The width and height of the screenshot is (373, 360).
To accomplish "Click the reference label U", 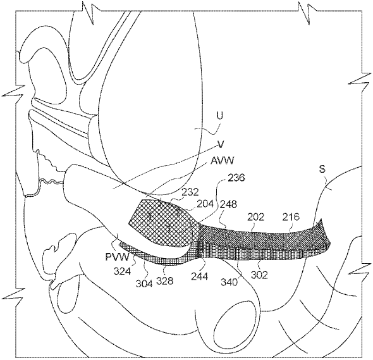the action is (220, 116).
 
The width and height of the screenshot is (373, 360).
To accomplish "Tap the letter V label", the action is (221, 144).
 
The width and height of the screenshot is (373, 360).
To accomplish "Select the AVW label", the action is (222, 161).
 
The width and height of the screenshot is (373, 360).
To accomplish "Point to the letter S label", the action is (322, 170).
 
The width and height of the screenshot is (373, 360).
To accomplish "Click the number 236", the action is (236, 178).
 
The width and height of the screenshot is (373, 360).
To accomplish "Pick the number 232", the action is (190, 192).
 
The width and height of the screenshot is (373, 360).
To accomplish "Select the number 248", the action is (228, 204).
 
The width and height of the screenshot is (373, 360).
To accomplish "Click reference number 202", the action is (255, 216).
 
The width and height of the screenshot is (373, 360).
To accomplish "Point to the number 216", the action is (291, 216).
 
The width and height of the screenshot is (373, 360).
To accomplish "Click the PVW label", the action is (118, 257).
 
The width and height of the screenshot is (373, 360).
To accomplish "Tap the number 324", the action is (123, 271).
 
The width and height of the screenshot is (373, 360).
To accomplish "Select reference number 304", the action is (144, 283).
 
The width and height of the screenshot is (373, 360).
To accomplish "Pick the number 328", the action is (164, 281).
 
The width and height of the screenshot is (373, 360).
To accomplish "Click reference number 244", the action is (200, 276).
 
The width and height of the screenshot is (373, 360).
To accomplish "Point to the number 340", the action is (229, 282).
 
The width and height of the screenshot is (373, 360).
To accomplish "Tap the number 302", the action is (260, 275).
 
